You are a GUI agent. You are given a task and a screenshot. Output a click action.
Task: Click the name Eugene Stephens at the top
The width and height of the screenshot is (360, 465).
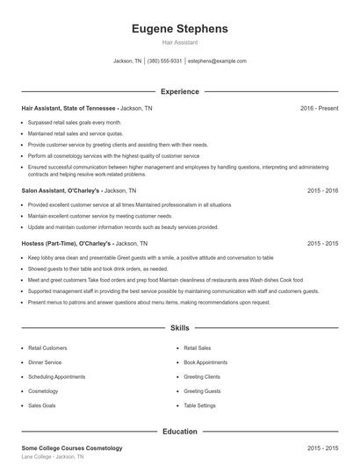[179, 28]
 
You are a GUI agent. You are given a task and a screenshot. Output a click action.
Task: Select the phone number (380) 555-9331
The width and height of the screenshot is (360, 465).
[165, 61]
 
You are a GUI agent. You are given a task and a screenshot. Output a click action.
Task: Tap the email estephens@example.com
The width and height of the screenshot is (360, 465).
[217, 61]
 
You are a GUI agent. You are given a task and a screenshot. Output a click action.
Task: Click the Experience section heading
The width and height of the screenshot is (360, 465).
[179, 91]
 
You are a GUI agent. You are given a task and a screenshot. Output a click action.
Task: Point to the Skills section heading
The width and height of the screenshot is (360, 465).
[179, 328]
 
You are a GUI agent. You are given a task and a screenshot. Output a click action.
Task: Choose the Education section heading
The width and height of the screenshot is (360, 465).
[179, 432]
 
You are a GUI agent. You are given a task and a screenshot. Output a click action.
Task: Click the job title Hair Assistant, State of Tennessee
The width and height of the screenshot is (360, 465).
[68, 108]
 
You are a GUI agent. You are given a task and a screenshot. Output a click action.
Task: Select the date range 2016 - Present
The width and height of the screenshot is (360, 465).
[319, 108]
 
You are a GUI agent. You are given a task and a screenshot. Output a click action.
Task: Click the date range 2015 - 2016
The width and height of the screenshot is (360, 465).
[322, 190]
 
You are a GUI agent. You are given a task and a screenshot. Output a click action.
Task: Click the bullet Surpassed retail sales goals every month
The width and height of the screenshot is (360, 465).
[75, 123]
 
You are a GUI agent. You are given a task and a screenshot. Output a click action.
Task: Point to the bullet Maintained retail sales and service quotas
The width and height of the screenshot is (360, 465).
[77, 133]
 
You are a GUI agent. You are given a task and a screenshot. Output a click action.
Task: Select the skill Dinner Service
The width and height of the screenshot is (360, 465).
[45, 361]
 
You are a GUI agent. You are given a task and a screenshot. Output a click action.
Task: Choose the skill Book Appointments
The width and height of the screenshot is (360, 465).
[205, 361]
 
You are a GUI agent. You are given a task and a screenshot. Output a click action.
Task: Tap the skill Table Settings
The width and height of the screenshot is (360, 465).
[200, 406]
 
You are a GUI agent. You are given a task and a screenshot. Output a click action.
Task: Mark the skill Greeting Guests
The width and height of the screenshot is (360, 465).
[202, 391]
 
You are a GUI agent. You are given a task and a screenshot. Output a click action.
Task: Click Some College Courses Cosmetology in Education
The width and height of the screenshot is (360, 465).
[72, 448]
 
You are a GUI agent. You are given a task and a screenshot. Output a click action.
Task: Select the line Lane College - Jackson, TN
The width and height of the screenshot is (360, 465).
[53, 458]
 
